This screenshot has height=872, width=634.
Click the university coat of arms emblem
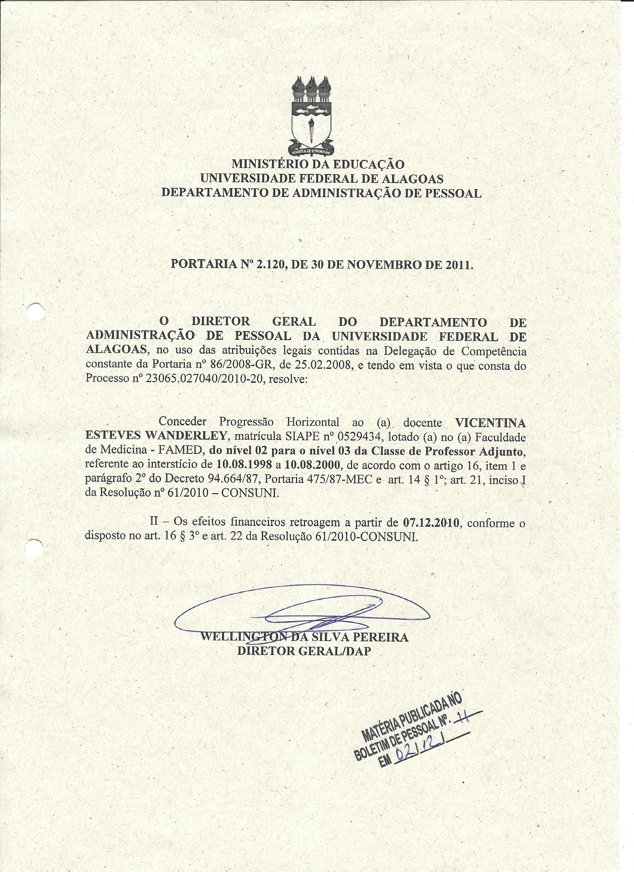[310, 116]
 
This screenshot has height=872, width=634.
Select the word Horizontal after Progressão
[312, 423]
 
